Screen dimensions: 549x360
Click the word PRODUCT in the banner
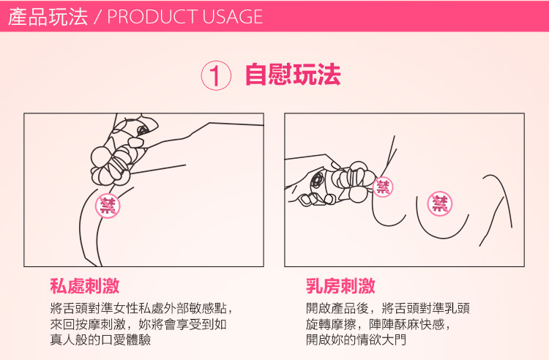click(153, 16)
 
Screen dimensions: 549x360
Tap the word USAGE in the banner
click(233, 16)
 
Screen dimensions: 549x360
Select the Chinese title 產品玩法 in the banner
click(48, 16)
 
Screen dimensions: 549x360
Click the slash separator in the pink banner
click(97, 17)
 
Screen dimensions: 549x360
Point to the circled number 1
click(216, 75)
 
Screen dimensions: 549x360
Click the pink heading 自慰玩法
click(293, 75)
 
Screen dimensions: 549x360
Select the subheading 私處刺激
click(85, 286)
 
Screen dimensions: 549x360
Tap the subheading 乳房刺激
click(340, 286)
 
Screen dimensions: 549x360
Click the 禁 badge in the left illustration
click(108, 206)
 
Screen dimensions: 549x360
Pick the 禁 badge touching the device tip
click(383, 187)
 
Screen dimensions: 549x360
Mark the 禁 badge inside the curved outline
click(440, 203)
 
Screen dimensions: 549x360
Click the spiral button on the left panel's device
click(143, 130)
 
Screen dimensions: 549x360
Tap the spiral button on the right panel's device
click(318, 180)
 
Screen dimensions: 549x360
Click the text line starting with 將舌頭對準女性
click(141, 308)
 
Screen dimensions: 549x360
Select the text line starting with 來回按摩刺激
click(138, 324)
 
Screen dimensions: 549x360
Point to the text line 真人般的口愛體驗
click(100, 340)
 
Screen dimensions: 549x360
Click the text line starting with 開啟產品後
click(387, 308)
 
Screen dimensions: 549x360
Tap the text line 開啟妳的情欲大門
click(356, 340)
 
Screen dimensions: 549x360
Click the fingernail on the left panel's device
click(136, 142)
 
